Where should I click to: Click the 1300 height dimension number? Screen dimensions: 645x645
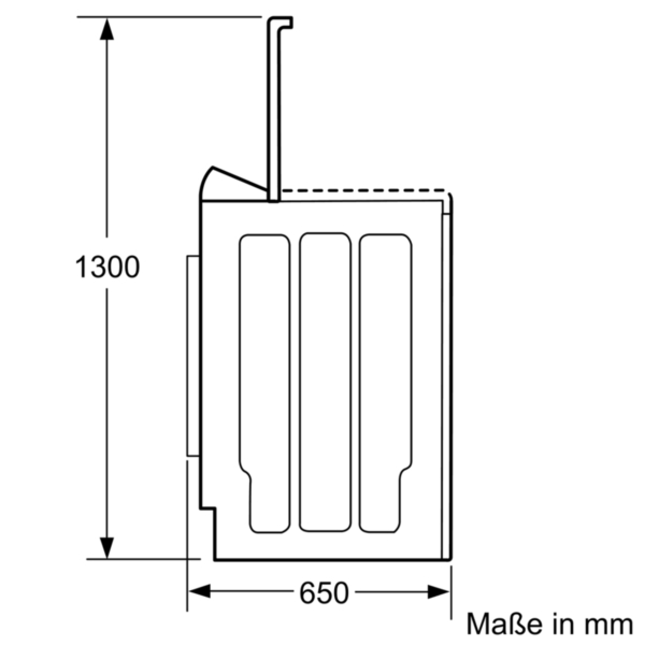[x=107, y=267]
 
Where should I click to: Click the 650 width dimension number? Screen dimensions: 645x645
[x=324, y=592]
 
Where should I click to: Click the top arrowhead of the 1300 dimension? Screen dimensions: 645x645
[x=107, y=28]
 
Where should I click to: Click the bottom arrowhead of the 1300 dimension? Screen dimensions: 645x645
[x=107, y=548]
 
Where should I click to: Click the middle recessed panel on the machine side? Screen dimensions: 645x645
[x=325, y=382]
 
